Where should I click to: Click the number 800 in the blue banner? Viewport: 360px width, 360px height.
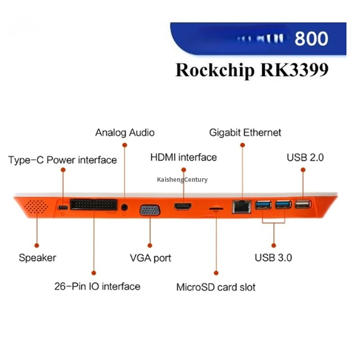(311, 39)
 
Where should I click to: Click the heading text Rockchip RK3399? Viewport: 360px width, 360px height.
(252, 71)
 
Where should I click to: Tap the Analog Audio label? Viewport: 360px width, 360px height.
(125, 132)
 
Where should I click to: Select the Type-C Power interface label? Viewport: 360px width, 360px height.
(63, 160)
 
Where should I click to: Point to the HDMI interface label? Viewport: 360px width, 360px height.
(183, 157)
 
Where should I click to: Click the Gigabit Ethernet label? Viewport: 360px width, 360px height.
(245, 132)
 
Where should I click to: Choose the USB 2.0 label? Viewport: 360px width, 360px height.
(305, 157)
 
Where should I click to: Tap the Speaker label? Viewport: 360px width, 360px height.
(37, 258)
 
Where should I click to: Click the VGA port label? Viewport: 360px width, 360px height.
(150, 258)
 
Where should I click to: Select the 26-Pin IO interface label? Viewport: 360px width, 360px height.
(97, 286)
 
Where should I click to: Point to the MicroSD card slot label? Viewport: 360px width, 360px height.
(216, 287)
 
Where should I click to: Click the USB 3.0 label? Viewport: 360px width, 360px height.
(273, 258)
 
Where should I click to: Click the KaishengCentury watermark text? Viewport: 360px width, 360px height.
(182, 180)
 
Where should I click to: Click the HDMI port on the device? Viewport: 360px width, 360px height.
(183, 207)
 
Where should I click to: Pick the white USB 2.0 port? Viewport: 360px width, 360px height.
(303, 205)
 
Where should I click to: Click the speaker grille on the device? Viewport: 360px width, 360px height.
(36, 207)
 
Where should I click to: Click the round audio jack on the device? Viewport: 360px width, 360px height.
(125, 207)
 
